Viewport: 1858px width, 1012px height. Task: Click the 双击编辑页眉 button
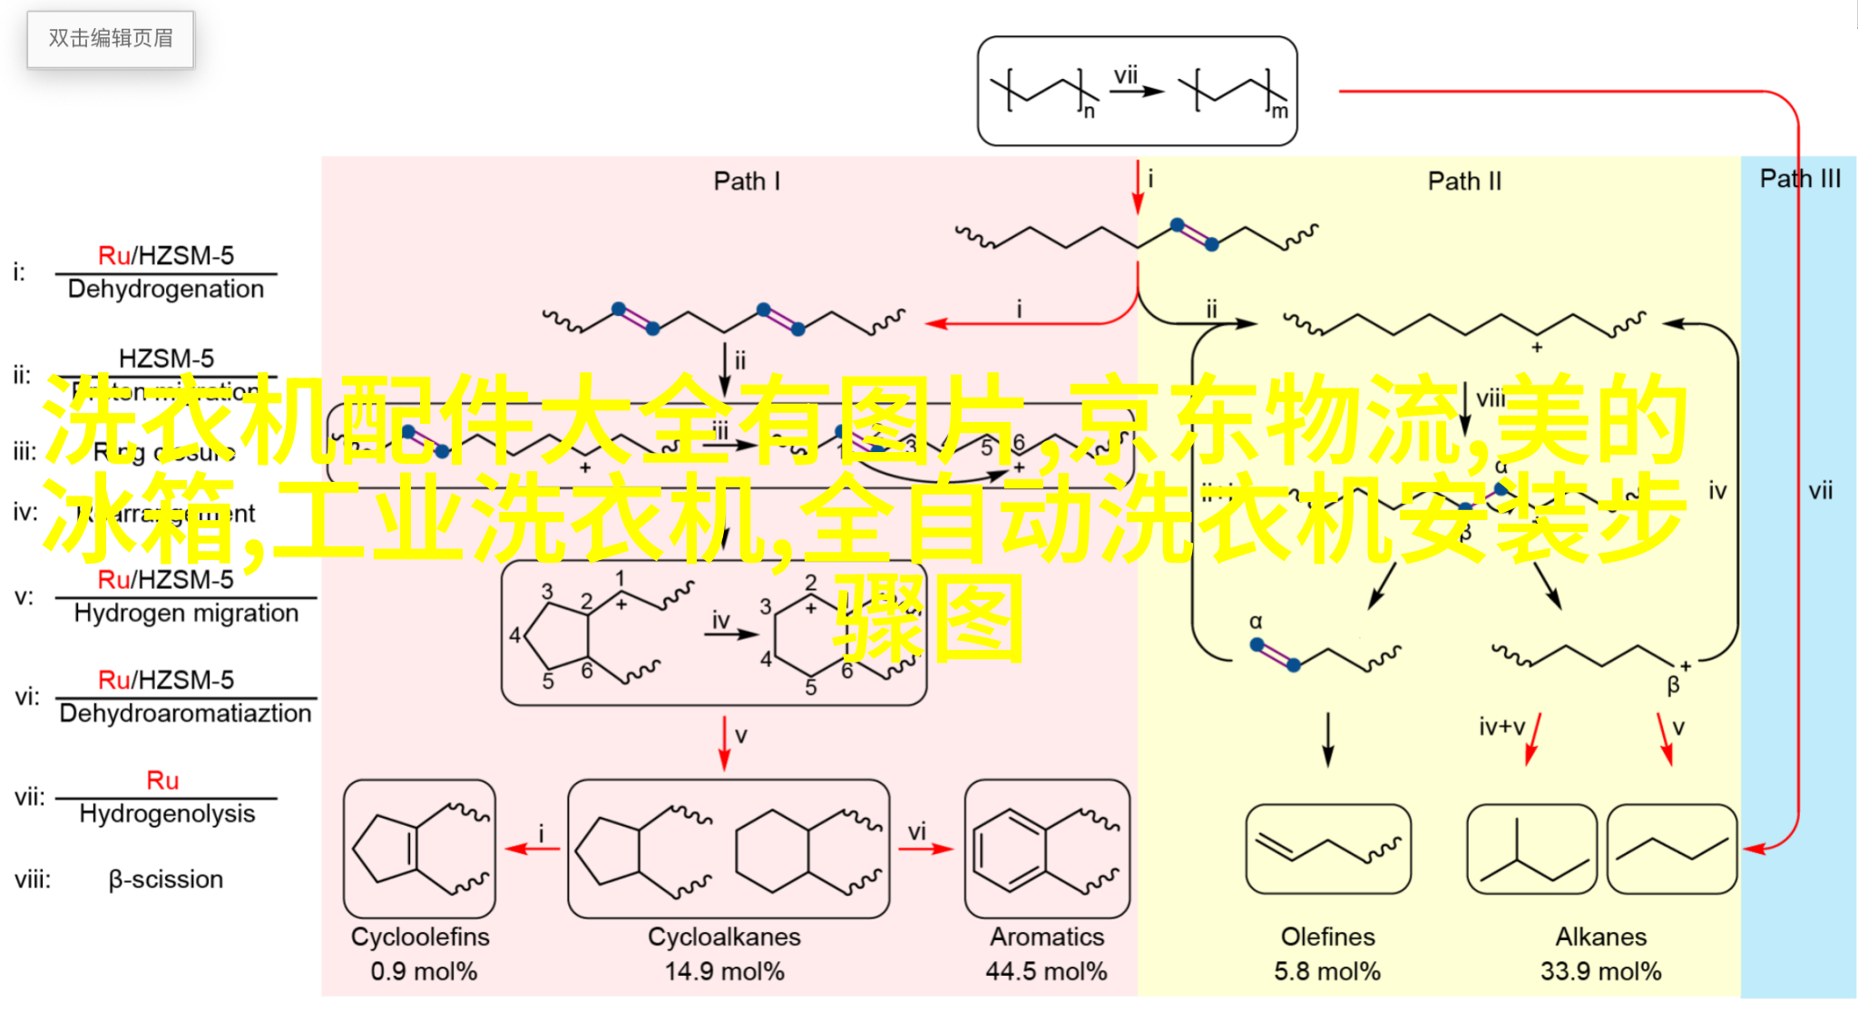111,38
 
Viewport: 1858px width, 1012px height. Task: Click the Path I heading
746,182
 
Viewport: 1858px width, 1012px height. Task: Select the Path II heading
1464,182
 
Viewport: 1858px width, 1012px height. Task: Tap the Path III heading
1800,179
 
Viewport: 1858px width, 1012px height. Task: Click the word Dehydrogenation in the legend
166,290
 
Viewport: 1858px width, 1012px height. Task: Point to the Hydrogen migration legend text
186,614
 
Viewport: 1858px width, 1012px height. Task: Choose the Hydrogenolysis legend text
167,814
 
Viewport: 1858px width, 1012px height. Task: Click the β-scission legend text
166,879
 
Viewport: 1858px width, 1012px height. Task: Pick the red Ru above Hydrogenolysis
162,781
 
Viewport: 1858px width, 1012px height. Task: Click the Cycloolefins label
420,937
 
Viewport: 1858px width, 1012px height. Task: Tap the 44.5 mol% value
1046,972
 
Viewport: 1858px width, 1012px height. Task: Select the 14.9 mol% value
724,972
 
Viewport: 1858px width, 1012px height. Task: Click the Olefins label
1327,937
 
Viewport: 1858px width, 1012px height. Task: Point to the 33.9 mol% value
1600,972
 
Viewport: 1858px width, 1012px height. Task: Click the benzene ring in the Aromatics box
1009,850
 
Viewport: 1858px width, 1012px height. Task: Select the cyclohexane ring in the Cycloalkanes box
772,850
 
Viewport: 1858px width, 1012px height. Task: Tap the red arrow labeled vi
925,849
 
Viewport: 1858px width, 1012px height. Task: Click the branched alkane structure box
1531,850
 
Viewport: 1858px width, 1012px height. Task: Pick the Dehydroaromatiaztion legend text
185,713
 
